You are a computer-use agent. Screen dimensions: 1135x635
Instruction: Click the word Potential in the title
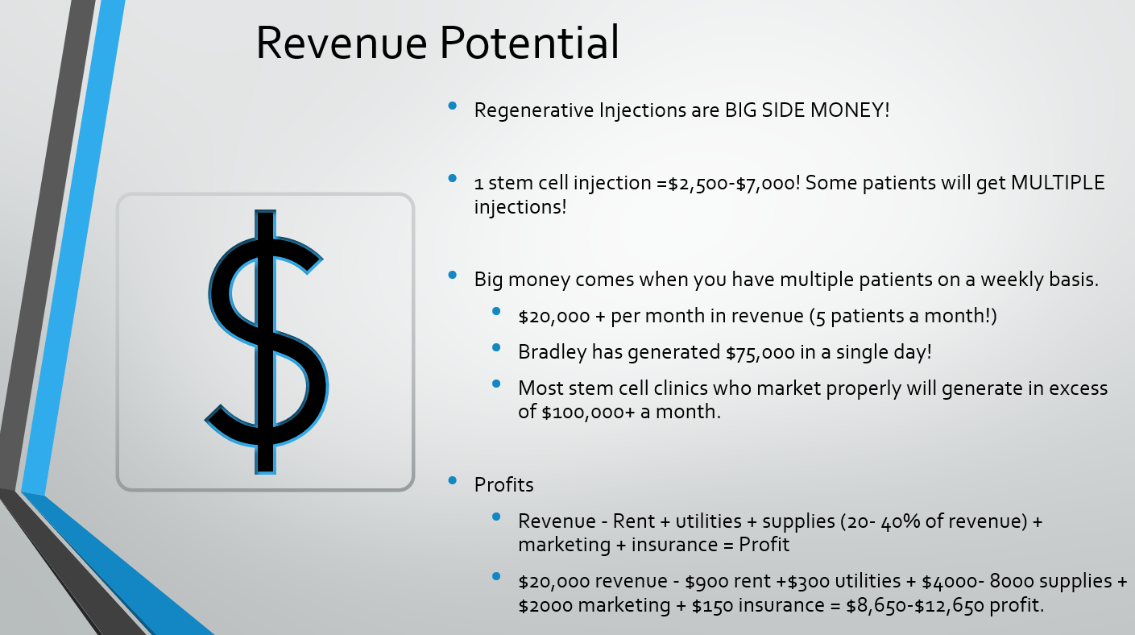click(x=529, y=42)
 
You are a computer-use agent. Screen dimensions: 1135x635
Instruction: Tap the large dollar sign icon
click(x=267, y=342)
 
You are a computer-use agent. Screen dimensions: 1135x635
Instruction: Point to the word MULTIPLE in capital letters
click(x=1058, y=182)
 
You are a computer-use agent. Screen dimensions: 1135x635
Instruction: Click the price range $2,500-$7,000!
click(x=734, y=183)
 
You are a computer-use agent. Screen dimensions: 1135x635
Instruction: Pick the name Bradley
click(x=553, y=352)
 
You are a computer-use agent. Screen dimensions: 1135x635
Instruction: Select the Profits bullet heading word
click(x=503, y=485)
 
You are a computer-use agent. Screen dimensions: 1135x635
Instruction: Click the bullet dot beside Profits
click(x=453, y=480)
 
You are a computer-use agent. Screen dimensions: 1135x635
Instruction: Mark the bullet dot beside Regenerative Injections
click(x=453, y=106)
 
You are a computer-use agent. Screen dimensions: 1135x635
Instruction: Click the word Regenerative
click(x=534, y=110)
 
